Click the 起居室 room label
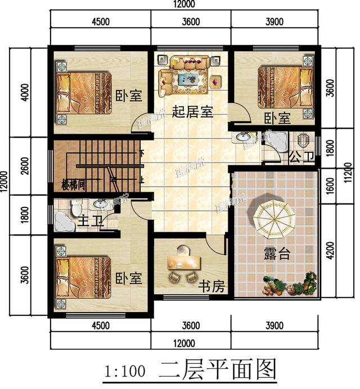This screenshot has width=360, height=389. tap(192, 112)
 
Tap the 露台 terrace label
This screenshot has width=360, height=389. tap(277, 254)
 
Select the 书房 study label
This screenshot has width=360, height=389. tap(211, 287)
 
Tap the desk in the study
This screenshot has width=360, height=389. tap(182, 261)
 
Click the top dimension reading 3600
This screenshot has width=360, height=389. tap(191, 22)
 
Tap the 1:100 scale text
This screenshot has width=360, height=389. tap(125, 372)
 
